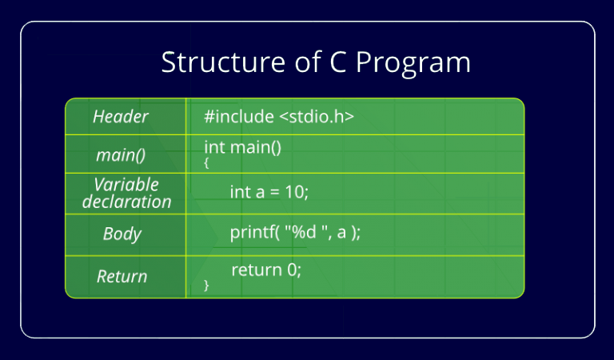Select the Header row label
click(x=121, y=117)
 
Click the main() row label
click(x=120, y=154)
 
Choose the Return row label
click(x=122, y=277)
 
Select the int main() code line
click(x=243, y=147)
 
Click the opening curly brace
click(x=206, y=162)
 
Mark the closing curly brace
click(x=206, y=285)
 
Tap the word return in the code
click(x=257, y=270)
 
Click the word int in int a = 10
click(x=239, y=193)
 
